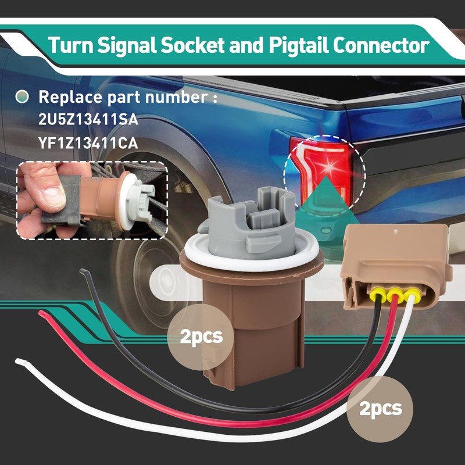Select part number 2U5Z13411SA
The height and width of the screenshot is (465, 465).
[88, 120]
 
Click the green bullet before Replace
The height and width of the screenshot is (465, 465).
[22, 97]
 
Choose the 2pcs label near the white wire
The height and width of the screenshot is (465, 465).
[380, 408]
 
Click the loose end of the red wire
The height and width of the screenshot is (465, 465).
[42, 313]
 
